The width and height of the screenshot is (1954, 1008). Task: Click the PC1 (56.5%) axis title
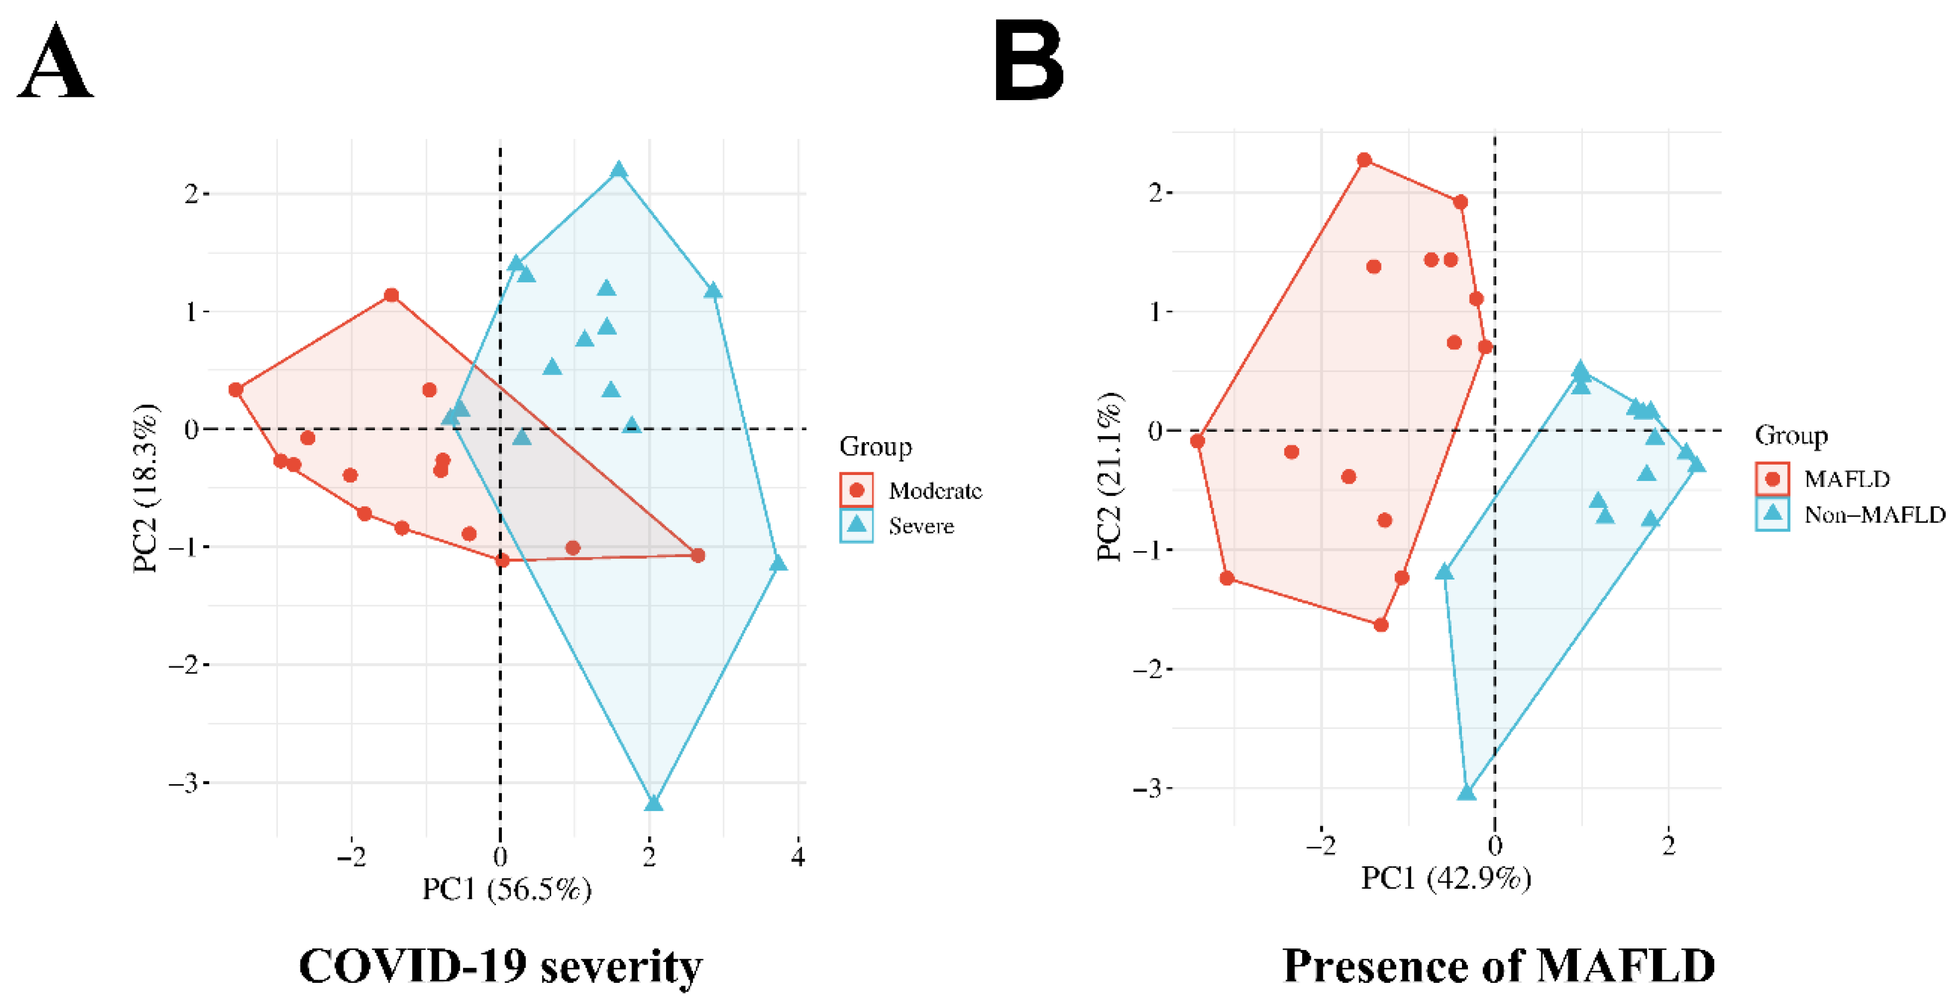506,889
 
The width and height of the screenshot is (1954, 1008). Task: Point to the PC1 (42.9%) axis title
1445,878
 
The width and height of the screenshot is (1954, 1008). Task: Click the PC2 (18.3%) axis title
145,489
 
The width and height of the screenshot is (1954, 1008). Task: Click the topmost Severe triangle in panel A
619,169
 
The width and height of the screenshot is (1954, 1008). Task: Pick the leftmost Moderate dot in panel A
236,390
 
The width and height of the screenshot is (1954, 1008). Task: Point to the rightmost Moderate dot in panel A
698,556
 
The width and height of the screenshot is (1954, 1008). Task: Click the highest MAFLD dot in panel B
1364,160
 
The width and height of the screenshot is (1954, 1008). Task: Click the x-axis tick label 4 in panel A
797,857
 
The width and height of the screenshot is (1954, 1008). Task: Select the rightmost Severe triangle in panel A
778,563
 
